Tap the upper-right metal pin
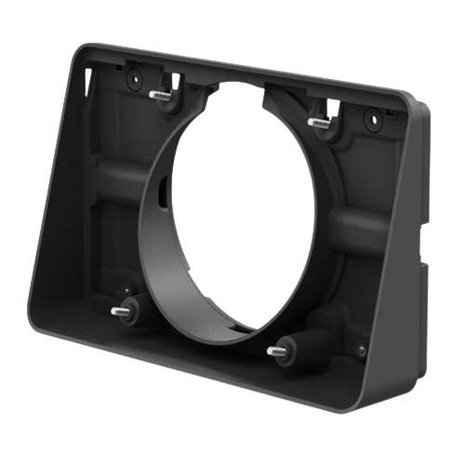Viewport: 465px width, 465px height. point(319,121)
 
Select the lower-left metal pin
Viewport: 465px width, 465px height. point(120,311)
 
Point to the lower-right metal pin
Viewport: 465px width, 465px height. point(274,351)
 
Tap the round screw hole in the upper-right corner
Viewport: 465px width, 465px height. point(370,120)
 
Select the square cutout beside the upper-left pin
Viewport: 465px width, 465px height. point(174,74)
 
